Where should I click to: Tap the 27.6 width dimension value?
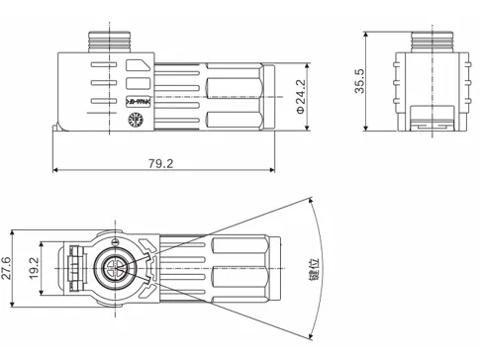point(7,268)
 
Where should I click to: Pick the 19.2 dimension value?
point(33,268)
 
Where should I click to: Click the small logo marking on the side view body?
point(137,101)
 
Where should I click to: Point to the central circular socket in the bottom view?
point(117,269)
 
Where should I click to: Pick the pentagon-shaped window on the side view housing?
point(139,74)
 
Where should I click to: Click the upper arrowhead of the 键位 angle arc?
point(308,203)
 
